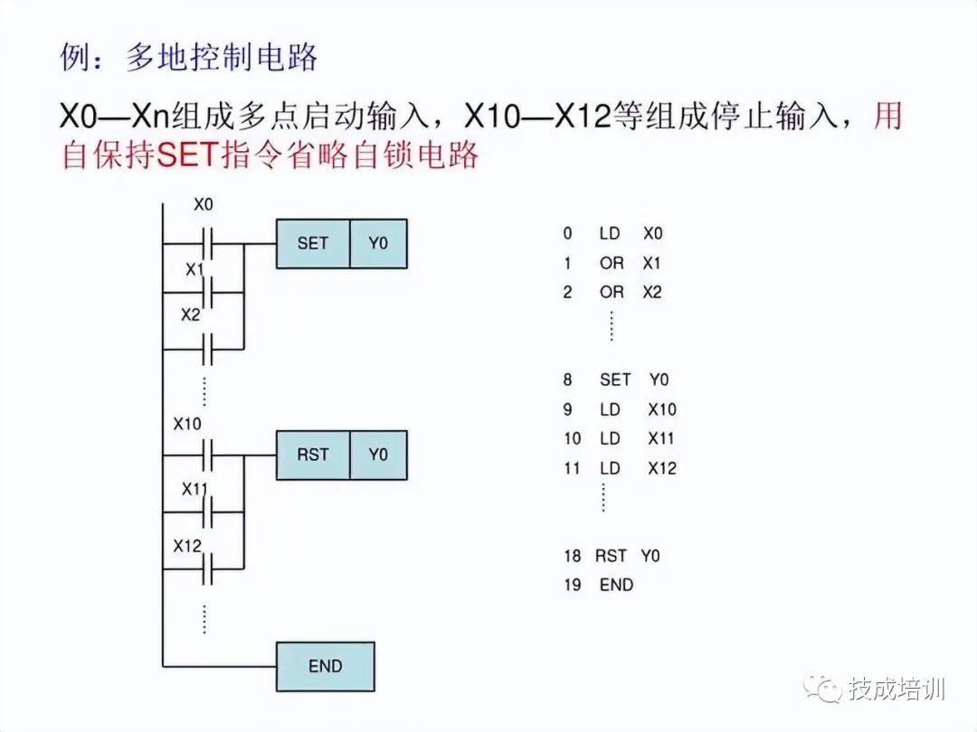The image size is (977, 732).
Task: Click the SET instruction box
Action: (x=312, y=243)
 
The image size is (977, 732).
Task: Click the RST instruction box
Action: (x=312, y=455)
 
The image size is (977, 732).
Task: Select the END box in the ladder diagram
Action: (x=325, y=666)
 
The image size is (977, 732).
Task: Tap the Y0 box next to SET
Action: (x=378, y=243)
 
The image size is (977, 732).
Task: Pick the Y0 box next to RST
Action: (x=378, y=455)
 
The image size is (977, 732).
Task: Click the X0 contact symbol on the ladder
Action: (x=207, y=243)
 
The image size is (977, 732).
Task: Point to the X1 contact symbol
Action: (x=207, y=292)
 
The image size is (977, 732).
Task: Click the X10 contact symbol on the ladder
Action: (x=207, y=455)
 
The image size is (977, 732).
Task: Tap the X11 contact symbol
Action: (x=207, y=511)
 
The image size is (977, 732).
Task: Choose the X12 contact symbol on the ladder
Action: (x=207, y=568)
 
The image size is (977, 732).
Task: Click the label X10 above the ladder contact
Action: (x=187, y=423)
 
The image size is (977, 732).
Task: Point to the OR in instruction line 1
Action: (x=612, y=263)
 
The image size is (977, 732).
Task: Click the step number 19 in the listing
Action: (x=572, y=585)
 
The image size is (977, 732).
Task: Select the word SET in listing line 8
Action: (x=615, y=380)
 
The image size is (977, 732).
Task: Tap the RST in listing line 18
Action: (x=611, y=556)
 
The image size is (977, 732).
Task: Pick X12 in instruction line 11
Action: (x=661, y=468)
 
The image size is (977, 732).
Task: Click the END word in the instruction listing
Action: (x=616, y=585)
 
